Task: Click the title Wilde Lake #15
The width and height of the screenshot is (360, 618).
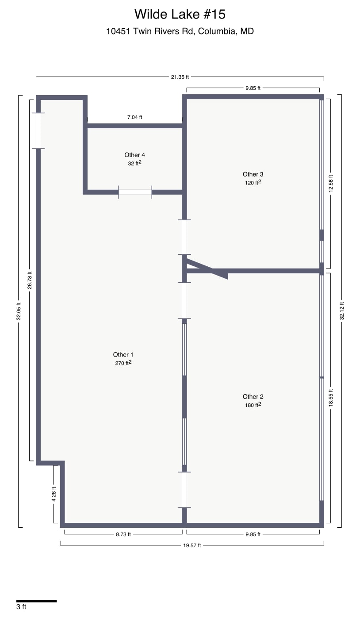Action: coord(180,14)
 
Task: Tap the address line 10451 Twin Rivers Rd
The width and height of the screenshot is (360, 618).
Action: coord(180,31)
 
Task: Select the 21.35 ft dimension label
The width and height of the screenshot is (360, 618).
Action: coord(180,77)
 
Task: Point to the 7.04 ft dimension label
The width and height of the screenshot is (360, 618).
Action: coord(134,117)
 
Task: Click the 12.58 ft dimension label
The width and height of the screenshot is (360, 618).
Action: coord(330,182)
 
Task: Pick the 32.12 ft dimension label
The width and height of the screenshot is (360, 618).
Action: coord(342,311)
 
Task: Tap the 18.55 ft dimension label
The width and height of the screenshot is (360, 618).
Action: coord(330,399)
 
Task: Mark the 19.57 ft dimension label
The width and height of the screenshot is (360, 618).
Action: coord(192,545)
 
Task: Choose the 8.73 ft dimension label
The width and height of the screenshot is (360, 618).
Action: coord(123,534)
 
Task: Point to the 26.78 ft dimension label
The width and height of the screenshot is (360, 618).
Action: coord(30,280)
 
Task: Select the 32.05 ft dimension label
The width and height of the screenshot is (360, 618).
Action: coord(19,311)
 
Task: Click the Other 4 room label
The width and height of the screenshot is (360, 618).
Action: coord(134,155)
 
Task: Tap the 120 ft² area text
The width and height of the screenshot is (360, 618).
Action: coord(253,182)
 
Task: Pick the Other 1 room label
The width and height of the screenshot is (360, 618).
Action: coord(123,354)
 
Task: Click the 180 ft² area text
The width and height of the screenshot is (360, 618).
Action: coord(253,405)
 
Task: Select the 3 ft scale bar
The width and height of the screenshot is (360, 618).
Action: coord(36,601)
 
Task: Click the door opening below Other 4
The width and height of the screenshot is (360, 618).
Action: coord(135,192)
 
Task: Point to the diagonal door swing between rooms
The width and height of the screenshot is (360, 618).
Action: coord(207,269)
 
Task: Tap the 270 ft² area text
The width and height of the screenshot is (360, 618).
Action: coord(123,363)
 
